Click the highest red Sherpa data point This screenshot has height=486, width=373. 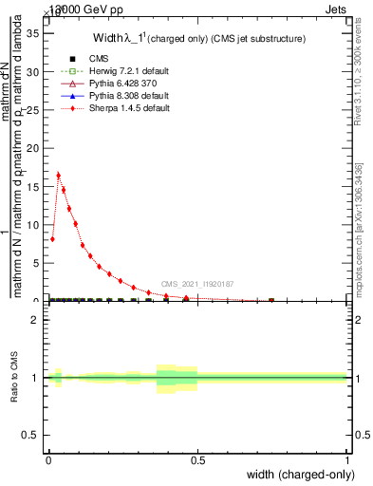59,175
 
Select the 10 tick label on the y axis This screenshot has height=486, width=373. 37,225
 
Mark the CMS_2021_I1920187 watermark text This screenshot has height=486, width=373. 197,283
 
